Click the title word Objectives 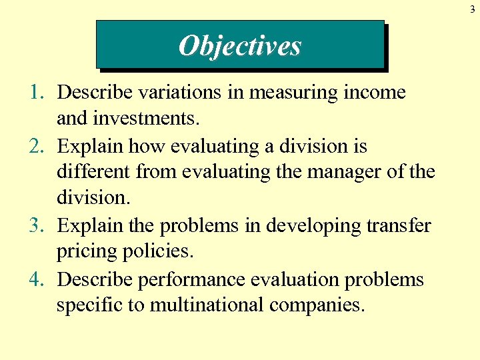tap(240, 46)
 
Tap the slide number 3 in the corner tap(472, 8)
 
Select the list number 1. tap(37, 93)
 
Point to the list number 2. tap(37, 146)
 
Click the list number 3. tap(37, 226)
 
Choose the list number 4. tap(37, 279)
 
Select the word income tap(374, 93)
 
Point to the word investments tap(128, 119)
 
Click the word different tap(93, 173)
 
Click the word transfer tap(398, 226)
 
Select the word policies tap(157, 253)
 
